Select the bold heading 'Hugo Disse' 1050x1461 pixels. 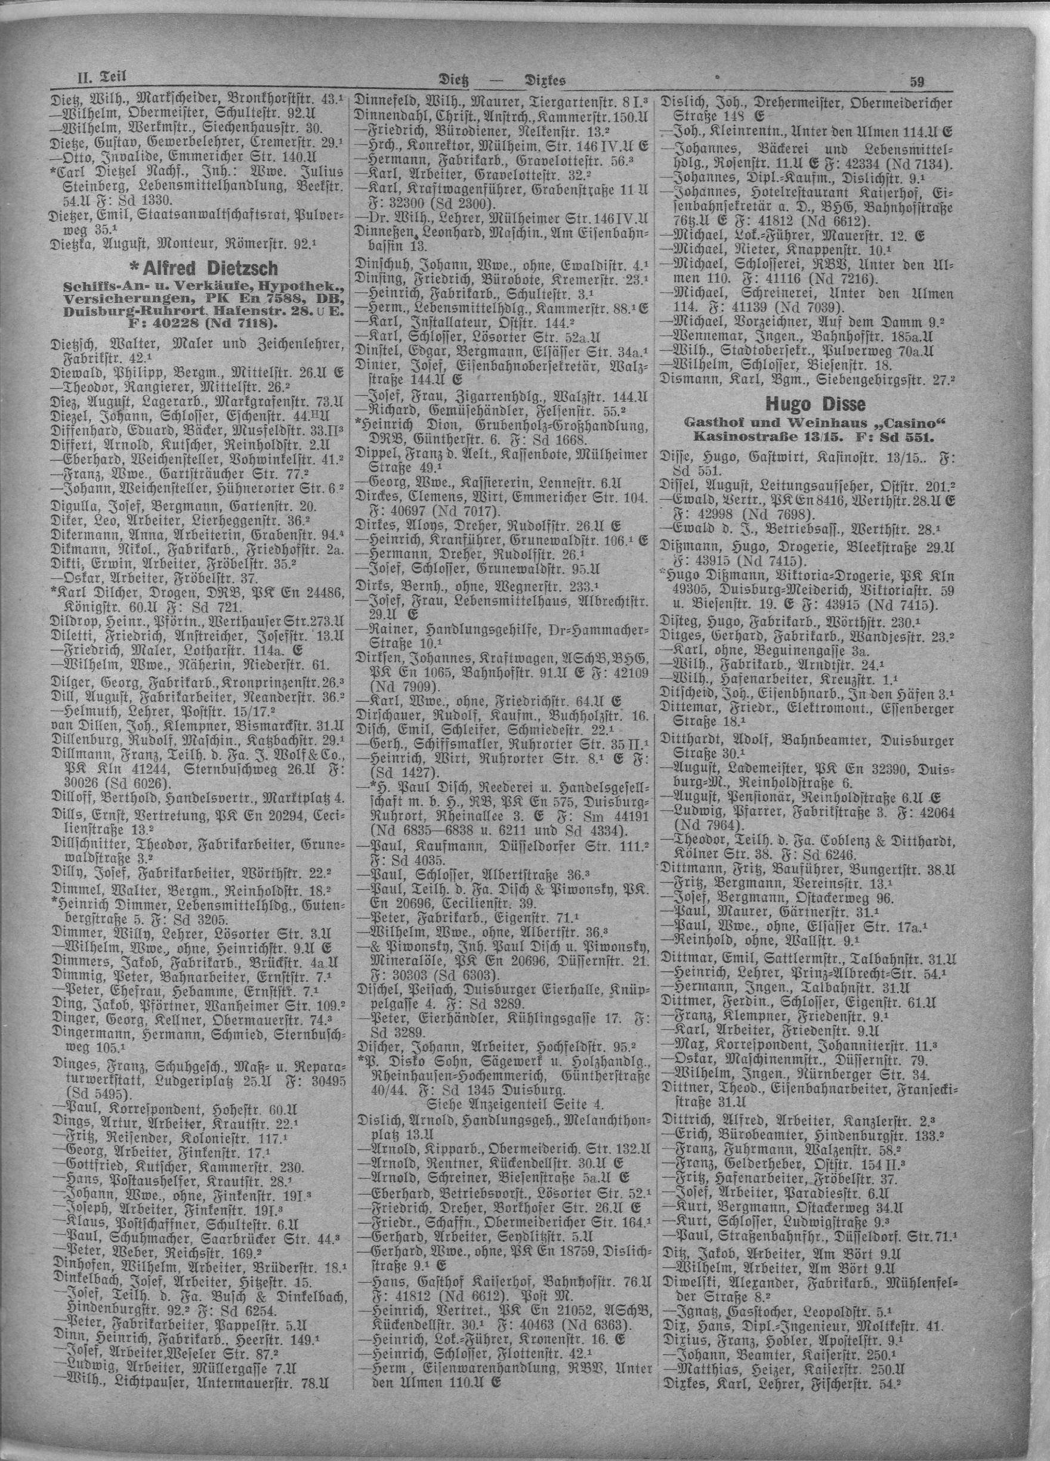(x=807, y=404)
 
